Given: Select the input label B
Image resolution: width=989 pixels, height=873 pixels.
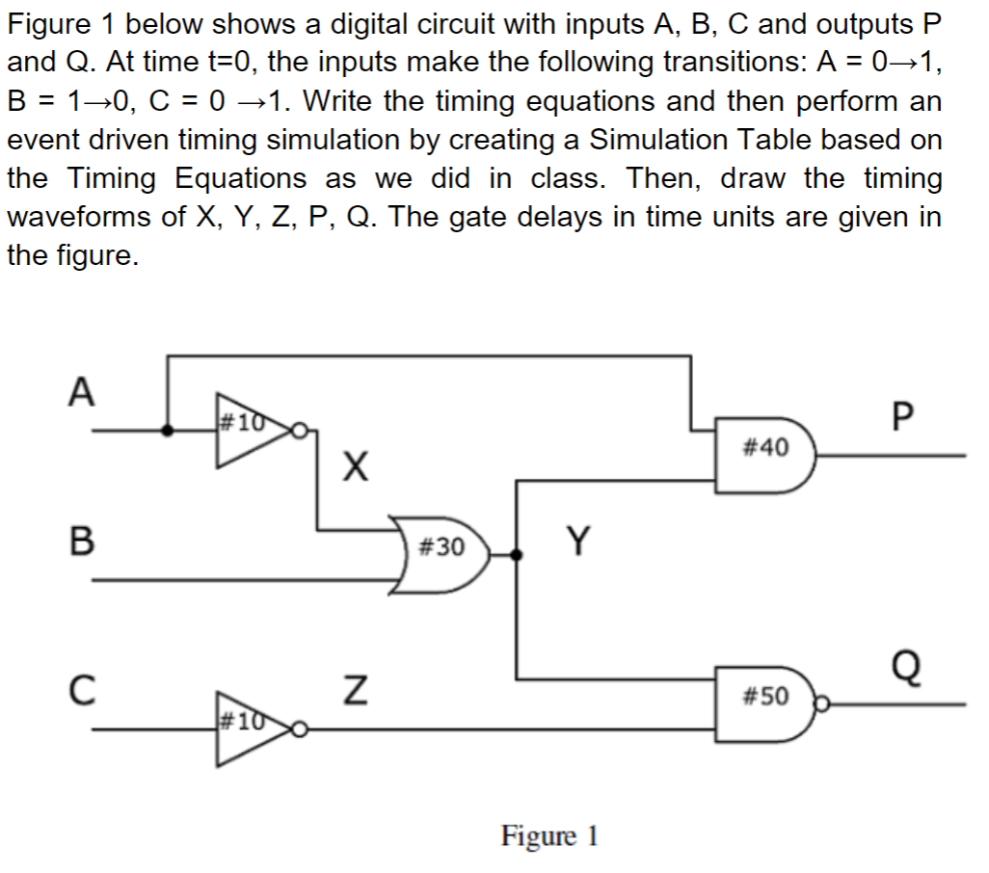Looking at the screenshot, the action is [83, 540].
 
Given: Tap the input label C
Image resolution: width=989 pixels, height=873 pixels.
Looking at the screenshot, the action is [83, 690].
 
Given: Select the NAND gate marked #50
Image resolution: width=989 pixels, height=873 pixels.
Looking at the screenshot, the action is [766, 695].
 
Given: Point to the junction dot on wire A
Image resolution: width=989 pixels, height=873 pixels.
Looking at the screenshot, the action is [169, 431].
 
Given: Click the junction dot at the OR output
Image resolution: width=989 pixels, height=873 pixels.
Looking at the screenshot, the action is [519, 554].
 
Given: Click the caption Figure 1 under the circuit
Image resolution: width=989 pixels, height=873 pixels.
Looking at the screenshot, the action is [549, 834].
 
